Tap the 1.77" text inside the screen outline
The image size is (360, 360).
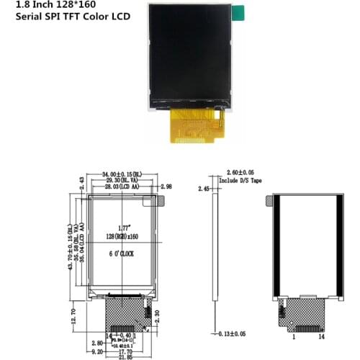pyautogui.click(x=122, y=228)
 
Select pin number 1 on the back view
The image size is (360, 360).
pyautogui.click(x=292, y=336)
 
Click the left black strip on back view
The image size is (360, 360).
pyautogui.click(x=279, y=245)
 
